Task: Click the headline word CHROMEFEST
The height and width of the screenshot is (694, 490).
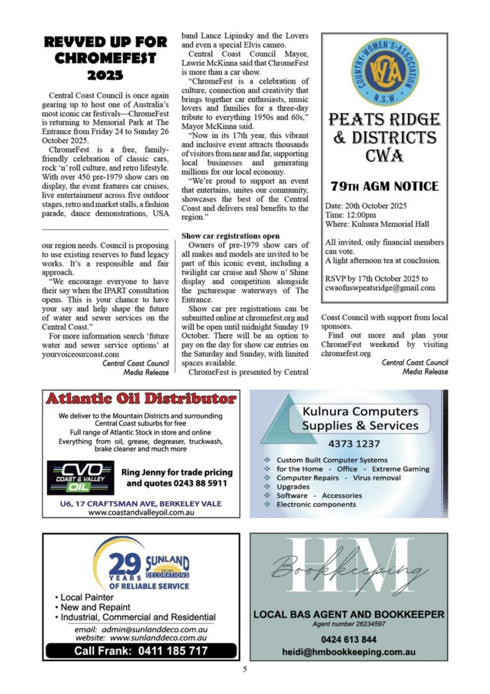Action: (106, 58)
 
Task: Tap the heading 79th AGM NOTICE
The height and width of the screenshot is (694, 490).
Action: (384, 187)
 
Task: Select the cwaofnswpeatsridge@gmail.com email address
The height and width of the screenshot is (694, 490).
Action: (380, 288)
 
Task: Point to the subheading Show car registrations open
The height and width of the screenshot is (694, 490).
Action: (230, 236)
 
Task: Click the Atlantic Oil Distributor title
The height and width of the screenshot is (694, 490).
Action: (141, 399)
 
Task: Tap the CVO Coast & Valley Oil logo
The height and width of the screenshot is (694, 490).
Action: (80, 477)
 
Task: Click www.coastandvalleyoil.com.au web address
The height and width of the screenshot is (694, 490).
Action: (141, 513)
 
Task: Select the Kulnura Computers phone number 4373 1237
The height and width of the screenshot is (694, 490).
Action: (354, 443)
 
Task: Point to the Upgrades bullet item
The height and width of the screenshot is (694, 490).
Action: (293, 486)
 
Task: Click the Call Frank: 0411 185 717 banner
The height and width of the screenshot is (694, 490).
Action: (141, 650)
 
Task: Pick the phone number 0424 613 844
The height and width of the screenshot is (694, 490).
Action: (349, 639)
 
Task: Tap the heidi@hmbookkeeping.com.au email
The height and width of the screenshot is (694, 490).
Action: (349, 652)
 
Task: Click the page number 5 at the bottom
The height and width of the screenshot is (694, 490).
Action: (245, 670)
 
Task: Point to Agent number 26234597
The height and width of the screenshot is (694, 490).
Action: (349, 624)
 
